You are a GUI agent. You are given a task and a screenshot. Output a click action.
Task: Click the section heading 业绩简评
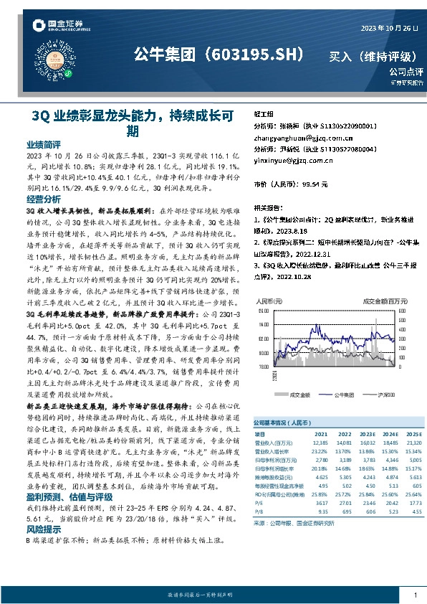[43, 143]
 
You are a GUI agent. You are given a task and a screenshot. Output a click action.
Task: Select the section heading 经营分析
[43, 199]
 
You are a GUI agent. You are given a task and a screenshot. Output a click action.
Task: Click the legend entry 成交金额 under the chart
[299, 394]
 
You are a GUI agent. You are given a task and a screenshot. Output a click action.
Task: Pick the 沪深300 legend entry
[385, 394]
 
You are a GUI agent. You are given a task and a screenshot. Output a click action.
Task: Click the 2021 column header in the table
[320, 435]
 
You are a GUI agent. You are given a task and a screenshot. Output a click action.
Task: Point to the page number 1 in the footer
[414, 595]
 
